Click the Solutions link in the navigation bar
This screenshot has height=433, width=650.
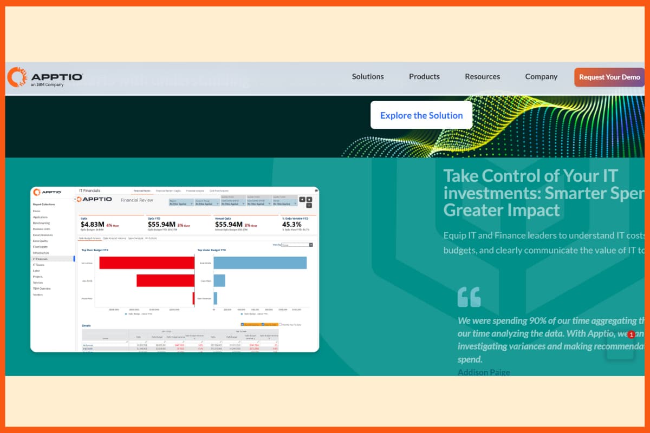click(368, 77)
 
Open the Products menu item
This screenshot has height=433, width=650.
click(424, 77)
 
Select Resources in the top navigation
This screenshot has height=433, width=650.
click(482, 77)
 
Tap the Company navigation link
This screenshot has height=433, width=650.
click(541, 77)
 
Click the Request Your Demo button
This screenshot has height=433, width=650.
click(609, 77)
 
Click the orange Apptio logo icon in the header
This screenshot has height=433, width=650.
click(17, 77)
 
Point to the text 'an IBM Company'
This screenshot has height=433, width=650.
click(47, 85)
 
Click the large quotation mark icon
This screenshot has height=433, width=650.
click(469, 297)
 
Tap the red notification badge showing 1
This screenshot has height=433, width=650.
click(631, 335)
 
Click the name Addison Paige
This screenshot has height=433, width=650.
click(484, 372)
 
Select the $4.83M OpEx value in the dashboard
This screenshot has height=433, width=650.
click(92, 224)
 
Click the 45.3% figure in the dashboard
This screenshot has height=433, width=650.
click(292, 224)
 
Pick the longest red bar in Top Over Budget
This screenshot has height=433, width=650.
click(146, 263)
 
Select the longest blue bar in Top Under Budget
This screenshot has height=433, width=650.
click(260, 263)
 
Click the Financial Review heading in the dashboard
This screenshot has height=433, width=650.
click(137, 200)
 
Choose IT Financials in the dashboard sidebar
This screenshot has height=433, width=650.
click(41, 259)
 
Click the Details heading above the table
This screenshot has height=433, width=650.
click(87, 326)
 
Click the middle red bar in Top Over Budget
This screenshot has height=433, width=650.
click(165, 280)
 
